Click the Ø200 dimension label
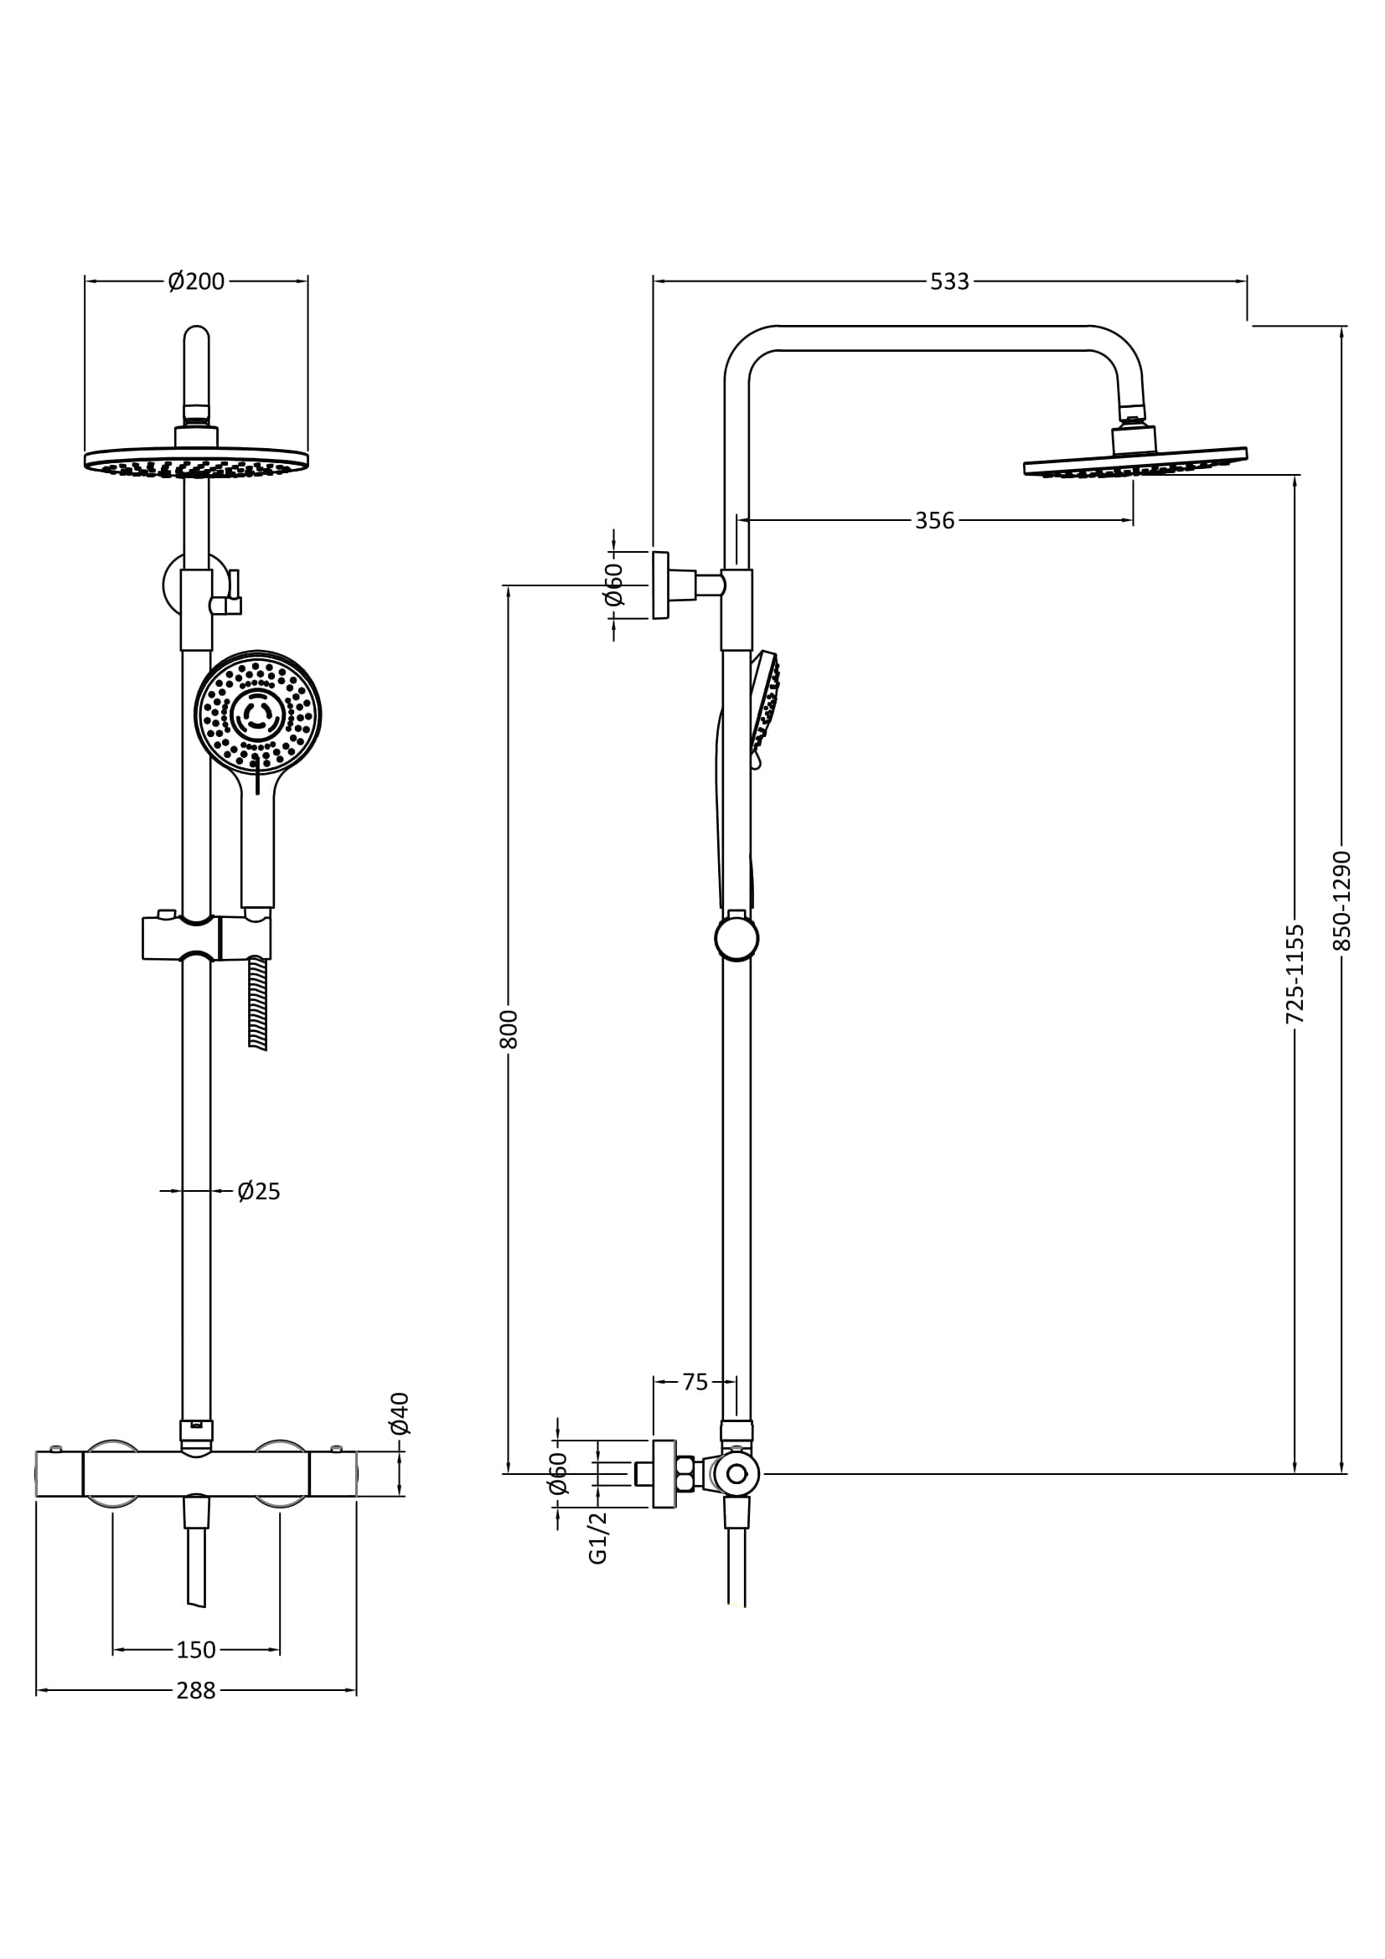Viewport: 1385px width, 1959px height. tap(196, 281)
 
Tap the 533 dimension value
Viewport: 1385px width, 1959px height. tap(949, 281)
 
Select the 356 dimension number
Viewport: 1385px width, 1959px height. tap(934, 520)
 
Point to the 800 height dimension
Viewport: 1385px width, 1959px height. tap(509, 1028)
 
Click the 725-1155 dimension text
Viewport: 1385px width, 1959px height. tap(1295, 973)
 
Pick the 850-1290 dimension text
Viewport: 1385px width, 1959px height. tap(1341, 900)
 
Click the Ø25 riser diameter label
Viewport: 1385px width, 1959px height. tap(259, 1191)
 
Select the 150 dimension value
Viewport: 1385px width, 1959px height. tap(196, 1650)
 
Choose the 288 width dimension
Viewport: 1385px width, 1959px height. tap(196, 1690)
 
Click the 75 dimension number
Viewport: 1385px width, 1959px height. tap(695, 1381)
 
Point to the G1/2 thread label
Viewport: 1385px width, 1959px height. tap(598, 1537)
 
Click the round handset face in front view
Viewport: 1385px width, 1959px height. tap(257, 712)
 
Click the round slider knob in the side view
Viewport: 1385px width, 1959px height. tap(736, 939)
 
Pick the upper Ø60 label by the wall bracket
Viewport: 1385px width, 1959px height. tap(613, 585)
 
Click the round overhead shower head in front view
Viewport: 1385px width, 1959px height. tap(196, 461)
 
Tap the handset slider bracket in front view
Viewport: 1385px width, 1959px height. tap(206, 939)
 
